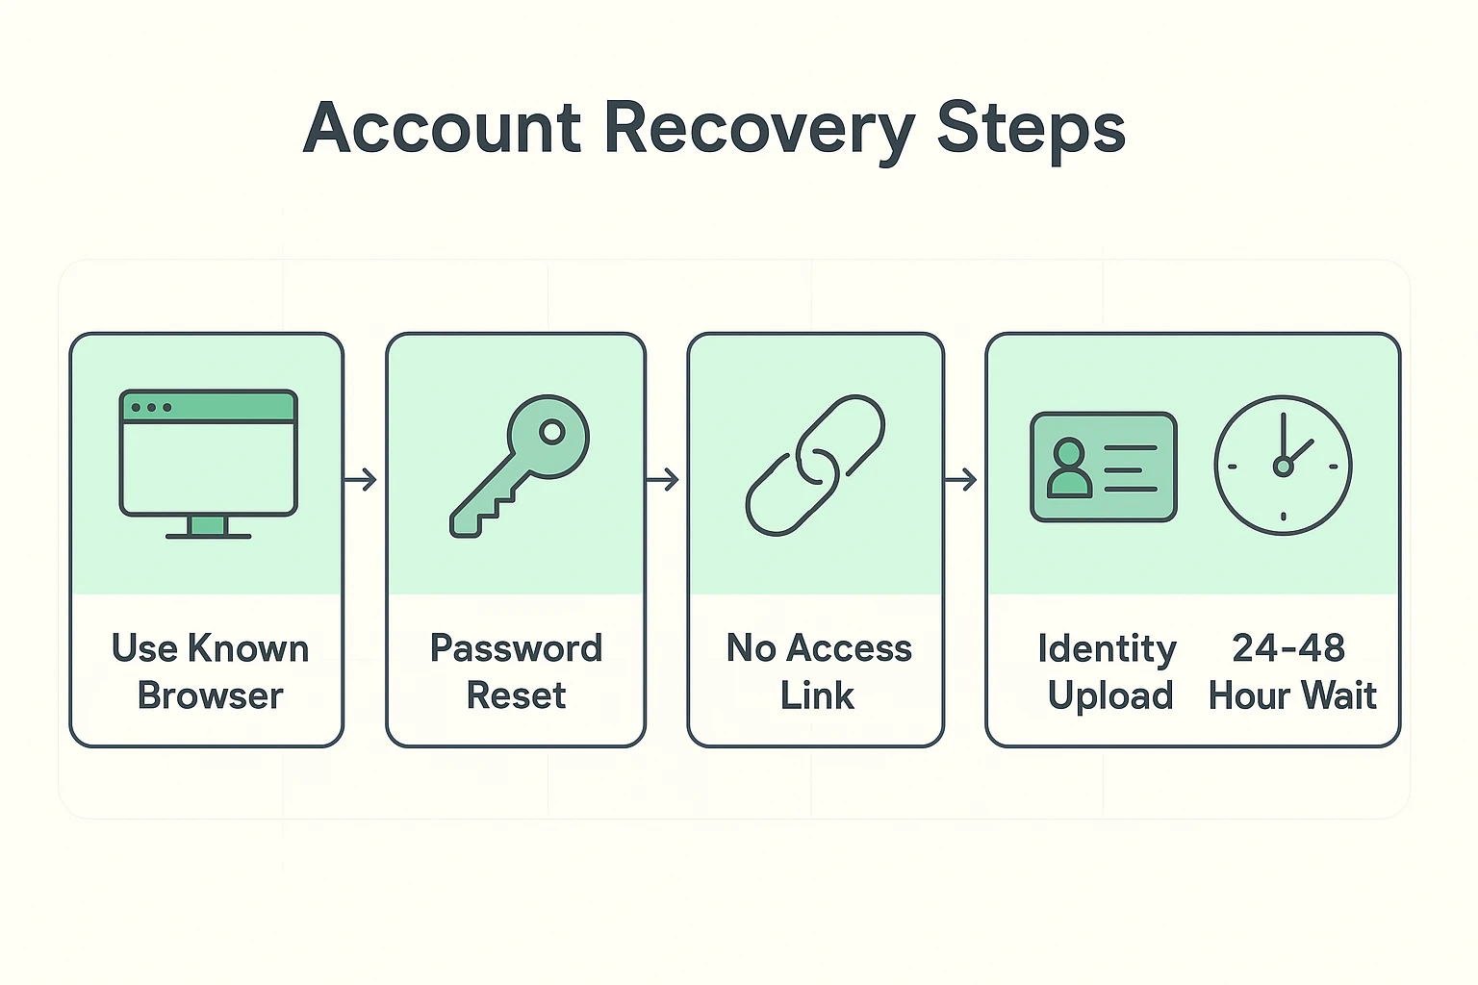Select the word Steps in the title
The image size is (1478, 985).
click(x=1031, y=128)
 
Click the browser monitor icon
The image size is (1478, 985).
click(x=208, y=463)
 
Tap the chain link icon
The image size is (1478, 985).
click(x=815, y=465)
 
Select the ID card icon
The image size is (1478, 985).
click(x=1103, y=467)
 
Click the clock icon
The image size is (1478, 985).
click(x=1283, y=466)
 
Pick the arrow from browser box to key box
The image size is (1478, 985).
click(x=361, y=479)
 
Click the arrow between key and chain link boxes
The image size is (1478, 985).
click(x=663, y=479)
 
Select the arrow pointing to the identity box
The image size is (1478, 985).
click(x=961, y=479)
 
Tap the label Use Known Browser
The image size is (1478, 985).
click(x=210, y=671)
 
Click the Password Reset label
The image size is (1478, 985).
click(x=516, y=671)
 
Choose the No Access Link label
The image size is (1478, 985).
click(x=818, y=671)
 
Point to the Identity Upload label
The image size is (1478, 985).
click(x=1108, y=671)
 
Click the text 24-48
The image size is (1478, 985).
click(x=1287, y=648)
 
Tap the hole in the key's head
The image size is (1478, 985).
click(x=551, y=432)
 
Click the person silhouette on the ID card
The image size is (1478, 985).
click(x=1069, y=468)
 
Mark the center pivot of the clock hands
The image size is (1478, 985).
click(x=1283, y=467)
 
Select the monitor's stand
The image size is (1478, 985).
click(x=208, y=527)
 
